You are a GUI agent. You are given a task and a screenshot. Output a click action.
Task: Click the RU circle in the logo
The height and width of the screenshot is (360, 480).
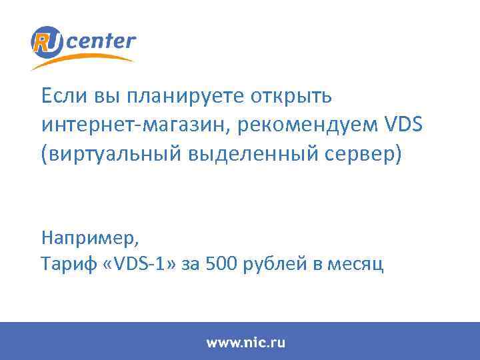coord(47,42)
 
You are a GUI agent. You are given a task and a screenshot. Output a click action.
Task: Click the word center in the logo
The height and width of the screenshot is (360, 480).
coord(101,42)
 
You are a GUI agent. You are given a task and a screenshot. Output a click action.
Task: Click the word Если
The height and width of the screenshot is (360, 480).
coord(61,96)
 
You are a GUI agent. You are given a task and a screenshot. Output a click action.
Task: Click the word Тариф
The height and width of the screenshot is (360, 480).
coord(63,265)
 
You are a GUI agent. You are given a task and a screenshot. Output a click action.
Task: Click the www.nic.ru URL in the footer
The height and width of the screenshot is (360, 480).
coord(246,343)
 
